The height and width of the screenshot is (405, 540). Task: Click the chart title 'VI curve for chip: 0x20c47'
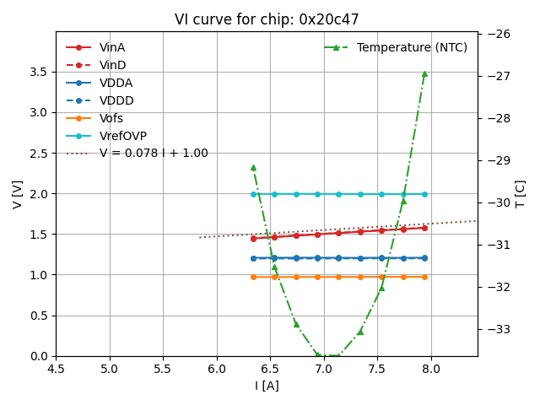pyautogui.click(x=267, y=19)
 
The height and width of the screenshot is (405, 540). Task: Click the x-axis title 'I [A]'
pyautogui.click(x=267, y=386)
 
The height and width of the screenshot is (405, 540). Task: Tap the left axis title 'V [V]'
pyautogui.click(x=18, y=194)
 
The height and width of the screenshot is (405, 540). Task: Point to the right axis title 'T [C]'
pyautogui.click(x=521, y=194)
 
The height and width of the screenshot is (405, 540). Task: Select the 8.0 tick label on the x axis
pyautogui.click(x=431, y=369)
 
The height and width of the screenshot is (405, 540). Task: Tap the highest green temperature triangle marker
pyautogui.click(x=424, y=73)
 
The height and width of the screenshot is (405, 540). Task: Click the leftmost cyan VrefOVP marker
pyautogui.click(x=253, y=194)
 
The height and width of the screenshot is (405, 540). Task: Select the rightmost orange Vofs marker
pyautogui.click(x=424, y=277)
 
